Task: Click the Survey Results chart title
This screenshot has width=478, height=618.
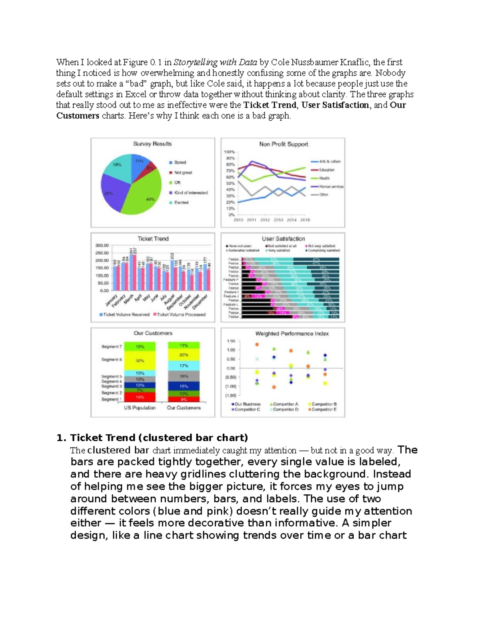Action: click(152, 144)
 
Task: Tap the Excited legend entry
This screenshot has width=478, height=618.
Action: click(181, 203)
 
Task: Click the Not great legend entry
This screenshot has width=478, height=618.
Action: click(182, 173)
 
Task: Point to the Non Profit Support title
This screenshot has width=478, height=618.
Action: click(283, 144)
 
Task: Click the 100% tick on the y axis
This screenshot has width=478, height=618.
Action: click(229, 152)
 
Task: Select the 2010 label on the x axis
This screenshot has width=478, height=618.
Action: click(238, 220)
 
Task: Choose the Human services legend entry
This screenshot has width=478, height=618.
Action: click(331, 186)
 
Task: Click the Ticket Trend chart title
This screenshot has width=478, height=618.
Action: click(153, 239)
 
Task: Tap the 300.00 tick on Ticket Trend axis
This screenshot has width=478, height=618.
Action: click(102, 246)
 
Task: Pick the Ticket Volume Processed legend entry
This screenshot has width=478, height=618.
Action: click(181, 314)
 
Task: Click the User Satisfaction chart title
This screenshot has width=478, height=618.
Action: click(283, 239)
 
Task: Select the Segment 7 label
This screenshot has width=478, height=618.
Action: click(111, 347)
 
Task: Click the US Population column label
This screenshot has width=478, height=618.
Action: click(139, 408)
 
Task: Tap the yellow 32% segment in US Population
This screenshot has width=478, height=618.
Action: click(139, 361)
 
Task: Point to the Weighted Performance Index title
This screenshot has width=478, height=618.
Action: click(292, 333)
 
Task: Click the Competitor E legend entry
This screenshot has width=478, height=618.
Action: click(323, 409)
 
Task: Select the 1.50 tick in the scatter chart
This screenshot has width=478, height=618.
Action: click(231, 341)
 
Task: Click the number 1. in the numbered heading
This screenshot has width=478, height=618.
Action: click(61, 438)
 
